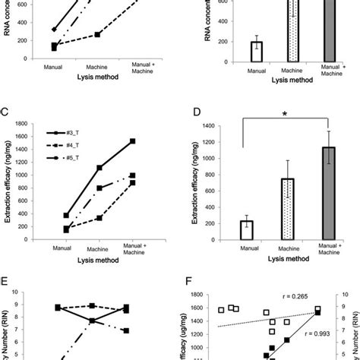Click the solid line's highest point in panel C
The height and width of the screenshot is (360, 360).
coord(133,141)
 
